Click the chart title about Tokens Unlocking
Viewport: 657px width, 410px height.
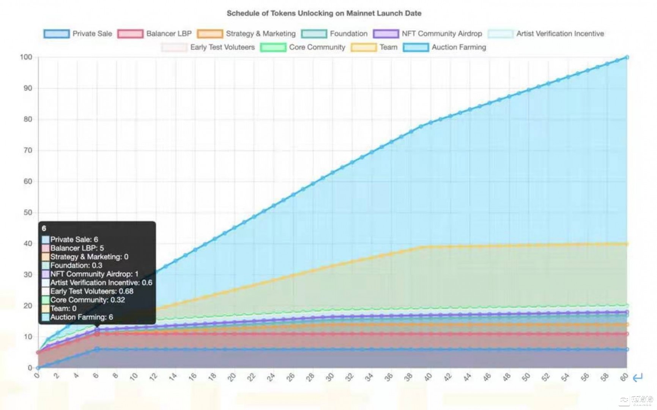(x=324, y=13)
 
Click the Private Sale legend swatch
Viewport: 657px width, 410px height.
(x=56, y=34)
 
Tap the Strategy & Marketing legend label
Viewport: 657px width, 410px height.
(x=260, y=34)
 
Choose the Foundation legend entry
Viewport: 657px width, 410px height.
(x=348, y=34)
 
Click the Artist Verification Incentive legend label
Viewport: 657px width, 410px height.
(x=560, y=34)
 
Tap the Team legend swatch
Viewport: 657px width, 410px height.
(x=364, y=47)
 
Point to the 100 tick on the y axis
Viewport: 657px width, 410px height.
(x=26, y=57)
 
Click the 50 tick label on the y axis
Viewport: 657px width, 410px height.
(x=28, y=213)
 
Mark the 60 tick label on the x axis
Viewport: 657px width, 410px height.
(x=624, y=377)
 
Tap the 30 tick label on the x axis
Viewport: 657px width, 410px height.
(x=330, y=377)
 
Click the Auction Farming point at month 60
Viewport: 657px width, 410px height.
(x=627, y=57)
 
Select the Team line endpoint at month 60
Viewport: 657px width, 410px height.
(x=627, y=244)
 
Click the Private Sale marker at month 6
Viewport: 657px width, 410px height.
(x=97, y=349)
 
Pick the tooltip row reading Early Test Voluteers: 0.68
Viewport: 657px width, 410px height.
(x=91, y=291)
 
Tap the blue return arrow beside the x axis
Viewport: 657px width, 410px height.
(x=638, y=377)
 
